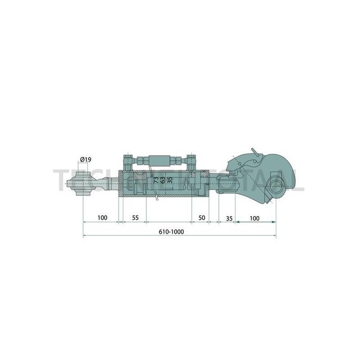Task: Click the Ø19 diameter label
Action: [86, 160]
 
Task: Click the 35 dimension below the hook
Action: [229, 219]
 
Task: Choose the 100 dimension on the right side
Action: [254, 219]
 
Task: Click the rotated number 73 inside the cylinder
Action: [155, 179]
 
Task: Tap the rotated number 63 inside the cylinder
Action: [162, 179]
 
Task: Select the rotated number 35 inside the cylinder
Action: [170, 179]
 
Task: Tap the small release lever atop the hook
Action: [254, 152]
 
